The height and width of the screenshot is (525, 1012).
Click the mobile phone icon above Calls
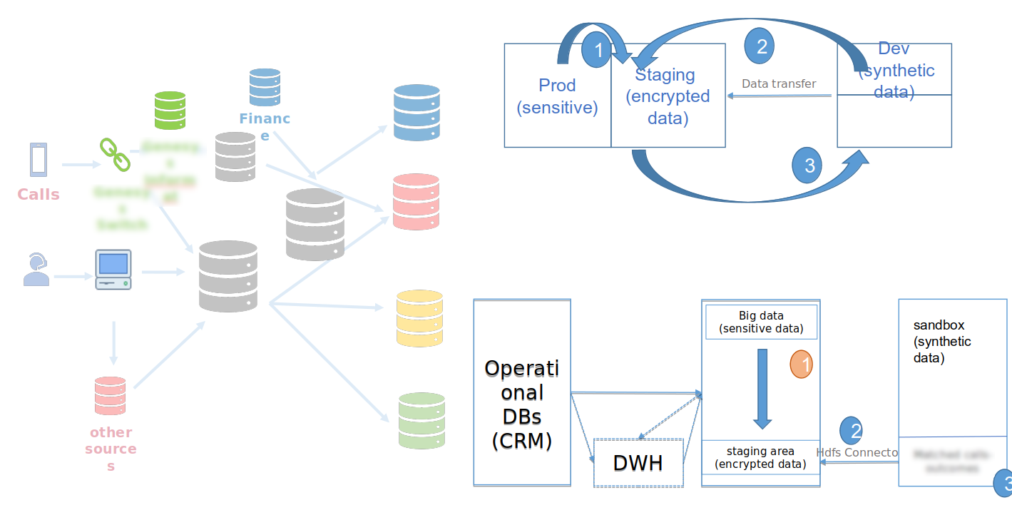coord(39,160)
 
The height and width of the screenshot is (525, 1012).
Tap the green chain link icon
coord(114,155)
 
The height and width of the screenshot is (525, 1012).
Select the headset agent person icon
coord(36,270)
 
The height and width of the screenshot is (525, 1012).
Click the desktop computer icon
coord(113,270)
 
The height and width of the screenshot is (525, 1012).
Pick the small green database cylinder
coord(170,111)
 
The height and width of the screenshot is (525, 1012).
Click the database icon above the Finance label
coord(265,87)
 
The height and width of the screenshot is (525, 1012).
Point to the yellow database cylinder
coord(419,318)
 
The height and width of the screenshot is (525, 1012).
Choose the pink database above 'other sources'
coord(110,396)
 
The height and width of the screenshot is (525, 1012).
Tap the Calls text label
coord(39,195)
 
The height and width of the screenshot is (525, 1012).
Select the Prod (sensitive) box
coord(557,96)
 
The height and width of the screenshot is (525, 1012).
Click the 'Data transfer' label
coord(779,84)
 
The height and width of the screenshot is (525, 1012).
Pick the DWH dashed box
coord(638,463)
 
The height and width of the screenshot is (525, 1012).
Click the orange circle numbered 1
coord(801,365)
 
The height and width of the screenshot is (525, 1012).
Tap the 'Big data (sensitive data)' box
coord(761,322)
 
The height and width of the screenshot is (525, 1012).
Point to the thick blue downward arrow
coord(762,388)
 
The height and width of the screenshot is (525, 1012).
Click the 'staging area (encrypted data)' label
coord(760,458)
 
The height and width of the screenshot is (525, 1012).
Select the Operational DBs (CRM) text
coord(522,404)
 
